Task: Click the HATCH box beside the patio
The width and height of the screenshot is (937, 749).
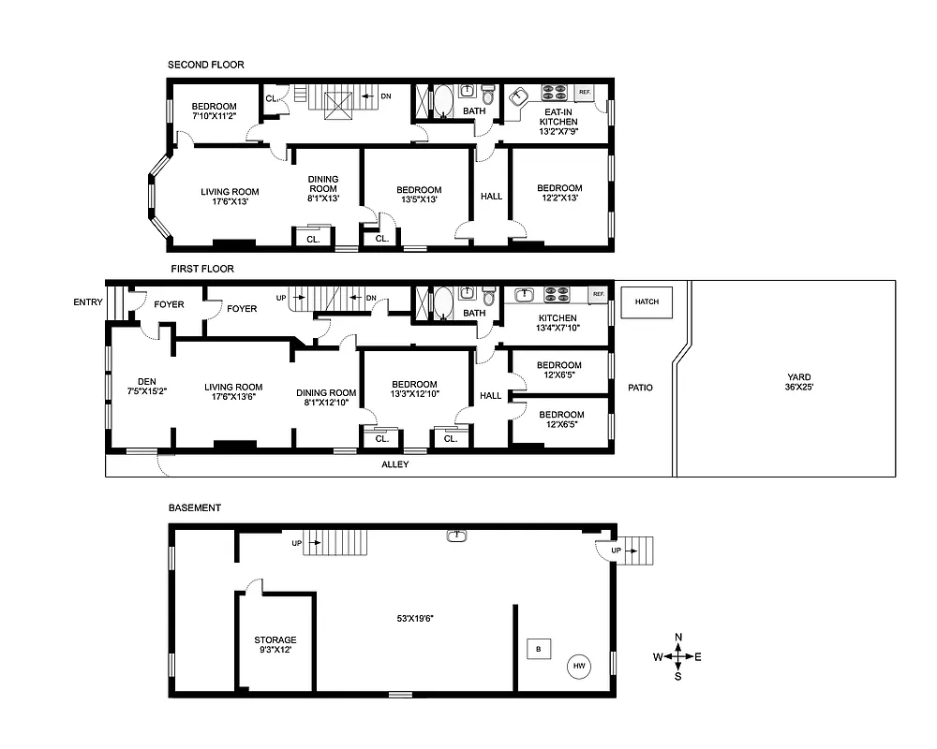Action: click(x=647, y=302)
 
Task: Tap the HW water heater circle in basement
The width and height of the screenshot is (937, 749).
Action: click(x=579, y=667)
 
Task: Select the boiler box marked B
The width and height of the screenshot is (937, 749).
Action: click(x=538, y=648)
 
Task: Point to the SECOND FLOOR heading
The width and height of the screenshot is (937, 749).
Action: click(x=205, y=65)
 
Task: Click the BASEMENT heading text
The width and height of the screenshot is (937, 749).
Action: click(x=195, y=507)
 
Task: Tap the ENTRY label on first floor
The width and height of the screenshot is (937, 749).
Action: click(x=88, y=301)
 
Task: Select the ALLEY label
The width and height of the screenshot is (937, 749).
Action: click(x=394, y=464)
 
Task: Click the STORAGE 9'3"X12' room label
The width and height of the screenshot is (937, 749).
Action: click(x=275, y=645)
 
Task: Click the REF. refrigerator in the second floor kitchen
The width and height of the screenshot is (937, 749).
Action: click(x=585, y=92)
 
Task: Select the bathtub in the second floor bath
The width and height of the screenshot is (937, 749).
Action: click(x=441, y=100)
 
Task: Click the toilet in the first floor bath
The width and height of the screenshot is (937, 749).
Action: click(x=487, y=299)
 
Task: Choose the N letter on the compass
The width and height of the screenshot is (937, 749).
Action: click(x=678, y=638)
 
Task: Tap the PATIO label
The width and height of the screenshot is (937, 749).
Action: click(x=640, y=388)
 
